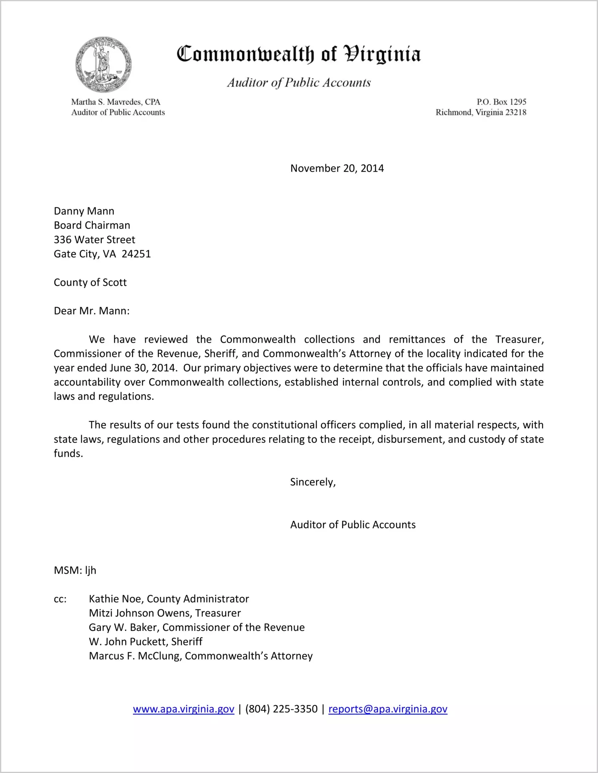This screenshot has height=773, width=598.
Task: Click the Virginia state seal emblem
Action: coord(103,64)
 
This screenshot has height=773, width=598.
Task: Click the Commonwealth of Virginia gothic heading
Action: coord(299,54)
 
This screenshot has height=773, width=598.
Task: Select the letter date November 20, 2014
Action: coord(337,168)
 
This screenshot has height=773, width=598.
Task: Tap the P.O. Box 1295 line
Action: coord(501,102)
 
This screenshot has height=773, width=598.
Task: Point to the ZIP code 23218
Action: coord(516,112)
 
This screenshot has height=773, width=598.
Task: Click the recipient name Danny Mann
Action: coord(84,211)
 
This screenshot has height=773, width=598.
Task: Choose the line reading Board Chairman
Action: coord(92,225)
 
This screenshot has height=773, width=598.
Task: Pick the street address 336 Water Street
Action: coord(94,240)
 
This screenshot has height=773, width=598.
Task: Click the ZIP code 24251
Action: coord(136,254)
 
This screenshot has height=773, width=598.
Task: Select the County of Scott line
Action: coord(90,283)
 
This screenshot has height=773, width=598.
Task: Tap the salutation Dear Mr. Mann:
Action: coord(92,311)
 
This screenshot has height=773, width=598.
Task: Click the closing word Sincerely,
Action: coord(313,482)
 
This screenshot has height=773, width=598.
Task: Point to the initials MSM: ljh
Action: coord(75,570)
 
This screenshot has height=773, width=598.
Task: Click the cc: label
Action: coord(60,599)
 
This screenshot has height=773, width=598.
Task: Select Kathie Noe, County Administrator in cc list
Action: coord(169,599)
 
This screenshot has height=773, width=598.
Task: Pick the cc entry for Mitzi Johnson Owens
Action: coord(165,613)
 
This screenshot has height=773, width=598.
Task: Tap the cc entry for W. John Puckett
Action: coord(145,642)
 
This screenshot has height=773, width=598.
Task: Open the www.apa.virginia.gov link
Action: coord(183,709)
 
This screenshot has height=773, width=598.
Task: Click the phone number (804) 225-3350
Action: coord(281,709)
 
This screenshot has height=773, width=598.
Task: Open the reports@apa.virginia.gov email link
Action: coord(387,709)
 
